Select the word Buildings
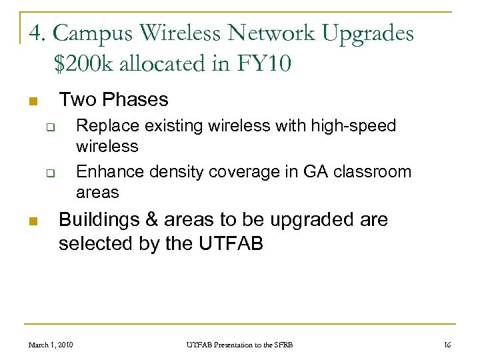[x=96, y=219]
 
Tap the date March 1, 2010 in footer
[x=51, y=345]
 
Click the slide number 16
[x=447, y=345]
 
